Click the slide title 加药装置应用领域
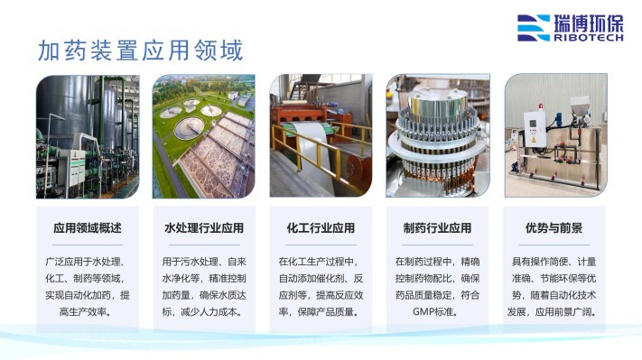[x=140, y=50]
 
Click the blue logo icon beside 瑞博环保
[x=533, y=28]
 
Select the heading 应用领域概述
[x=87, y=227]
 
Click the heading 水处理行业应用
[x=204, y=227]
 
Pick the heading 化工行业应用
[x=321, y=227]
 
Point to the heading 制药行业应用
[x=437, y=227]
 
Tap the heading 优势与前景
[x=554, y=227]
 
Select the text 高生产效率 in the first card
[x=87, y=312]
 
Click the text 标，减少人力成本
[x=204, y=312]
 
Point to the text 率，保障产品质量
[x=321, y=312]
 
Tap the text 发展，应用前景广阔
[x=554, y=312]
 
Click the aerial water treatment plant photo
[x=204, y=136]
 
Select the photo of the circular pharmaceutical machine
[x=437, y=136]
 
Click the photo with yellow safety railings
[x=321, y=136]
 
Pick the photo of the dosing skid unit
[x=554, y=136]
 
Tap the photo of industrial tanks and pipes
[x=87, y=136]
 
